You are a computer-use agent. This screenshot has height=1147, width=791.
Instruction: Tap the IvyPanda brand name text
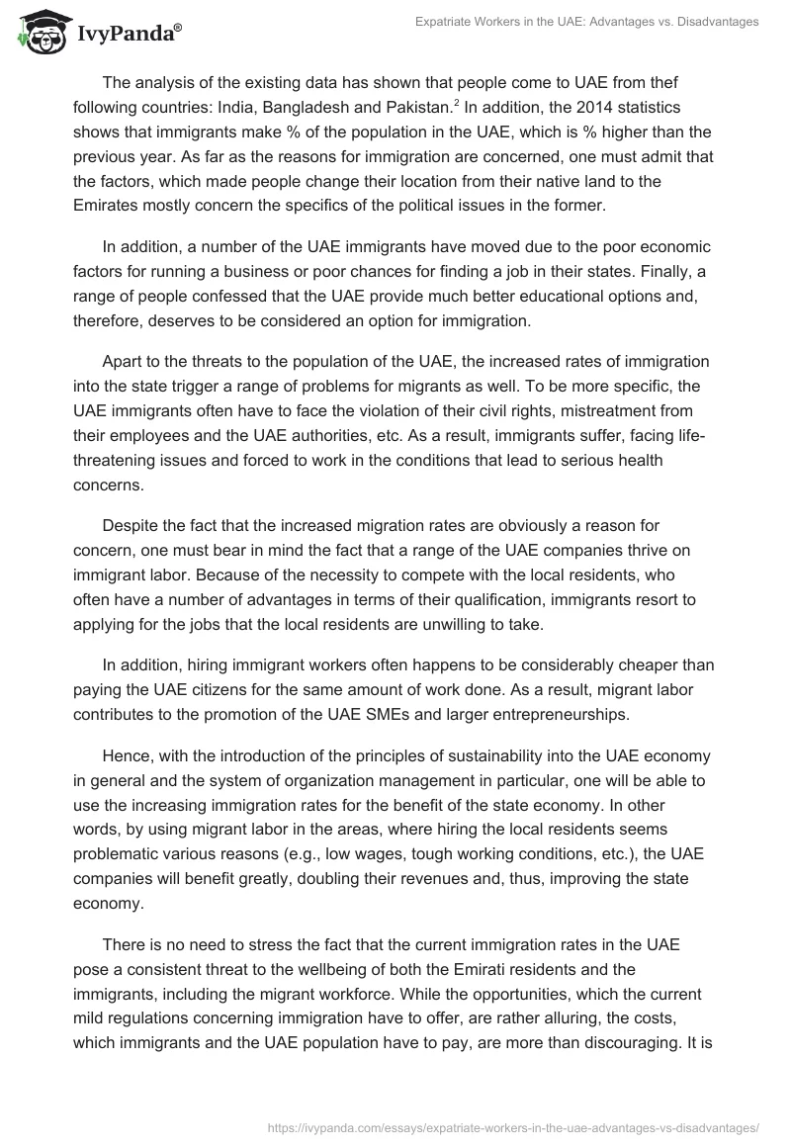click(128, 35)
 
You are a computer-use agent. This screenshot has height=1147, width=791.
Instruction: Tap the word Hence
click(127, 757)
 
